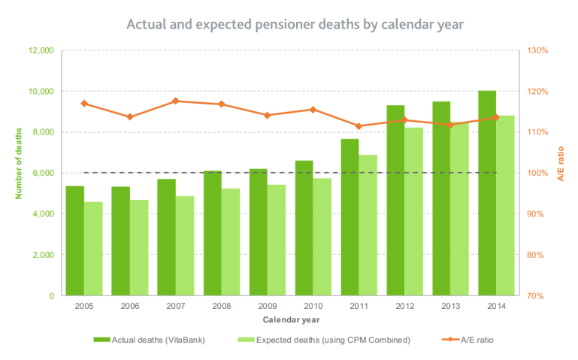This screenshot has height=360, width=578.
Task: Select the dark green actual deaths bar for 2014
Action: (x=486, y=193)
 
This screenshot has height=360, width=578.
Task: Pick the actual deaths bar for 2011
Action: (x=350, y=217)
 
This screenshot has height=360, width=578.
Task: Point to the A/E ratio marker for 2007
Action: (x=175, y=101)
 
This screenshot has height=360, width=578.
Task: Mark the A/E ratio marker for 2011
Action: (x=359, y=126)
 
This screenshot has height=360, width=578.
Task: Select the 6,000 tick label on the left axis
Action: (x=42, y=173)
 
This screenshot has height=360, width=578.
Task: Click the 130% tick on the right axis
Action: (x=538, y=50)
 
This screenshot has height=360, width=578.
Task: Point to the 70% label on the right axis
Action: (x=537, y=295)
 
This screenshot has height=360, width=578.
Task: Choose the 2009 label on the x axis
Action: (x=267, y=307)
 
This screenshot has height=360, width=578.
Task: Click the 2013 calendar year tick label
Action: (x=450, y=307)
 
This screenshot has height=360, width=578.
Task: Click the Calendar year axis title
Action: (x=289, y=319)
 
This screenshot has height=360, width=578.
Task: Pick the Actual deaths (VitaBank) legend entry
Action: (x=150, y=340)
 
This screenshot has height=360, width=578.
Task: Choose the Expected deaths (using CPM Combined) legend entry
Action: (x=323, y=340)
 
